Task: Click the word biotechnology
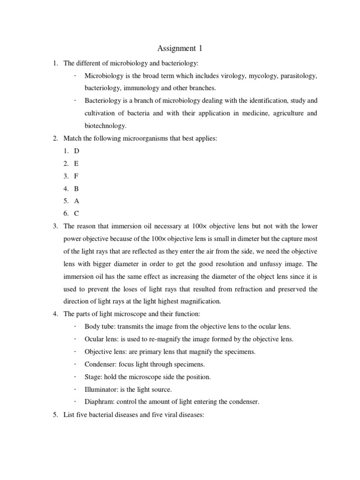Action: point(105,126)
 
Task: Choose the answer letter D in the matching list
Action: point(76,151)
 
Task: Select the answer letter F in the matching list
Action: point(76,176)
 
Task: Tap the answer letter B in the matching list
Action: point(76,188)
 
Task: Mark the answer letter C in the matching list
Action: point(76,213)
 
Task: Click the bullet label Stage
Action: point(92,376)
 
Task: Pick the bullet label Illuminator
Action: point(101,389)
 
